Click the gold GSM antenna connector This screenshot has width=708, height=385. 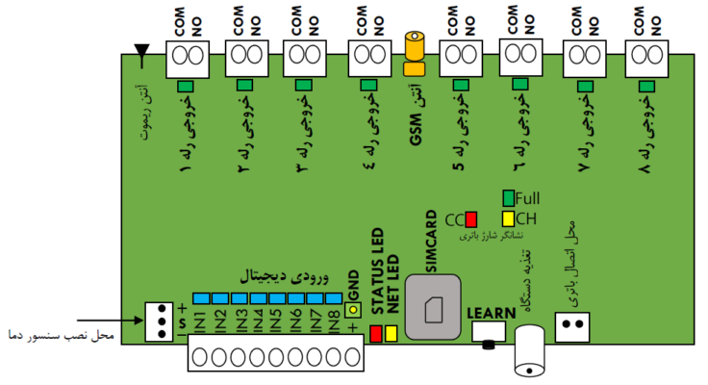415,53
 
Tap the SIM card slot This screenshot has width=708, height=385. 433,307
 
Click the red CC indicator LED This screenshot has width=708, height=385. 471,219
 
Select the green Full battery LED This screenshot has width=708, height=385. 509,198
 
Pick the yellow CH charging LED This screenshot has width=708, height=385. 509,218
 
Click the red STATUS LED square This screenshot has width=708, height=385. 376,333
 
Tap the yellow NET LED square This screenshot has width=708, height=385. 391,333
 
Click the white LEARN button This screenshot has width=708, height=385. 489,332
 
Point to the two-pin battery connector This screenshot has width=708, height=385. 572,327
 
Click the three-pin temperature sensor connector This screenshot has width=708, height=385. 159,321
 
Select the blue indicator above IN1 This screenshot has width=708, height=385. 201,298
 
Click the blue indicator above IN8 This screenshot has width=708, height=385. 334,298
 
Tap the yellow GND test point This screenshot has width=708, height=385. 353,310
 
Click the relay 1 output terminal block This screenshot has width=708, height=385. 188,59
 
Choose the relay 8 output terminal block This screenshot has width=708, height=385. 646,59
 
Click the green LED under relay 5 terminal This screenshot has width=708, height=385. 461,85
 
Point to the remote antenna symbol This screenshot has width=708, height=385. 141,55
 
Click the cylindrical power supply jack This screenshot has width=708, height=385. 530,350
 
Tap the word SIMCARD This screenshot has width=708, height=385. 431,242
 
